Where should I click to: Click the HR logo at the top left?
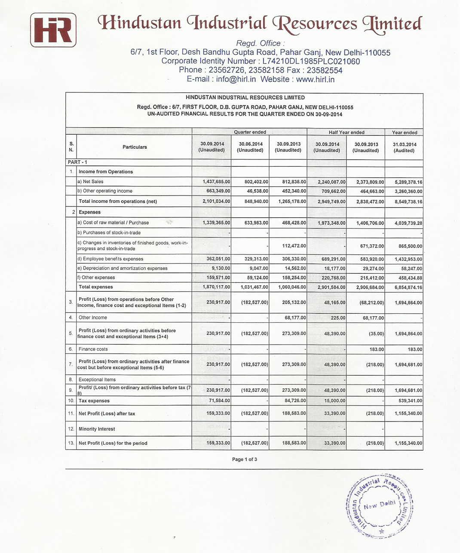(53, 30)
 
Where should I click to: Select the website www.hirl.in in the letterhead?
(315, 79)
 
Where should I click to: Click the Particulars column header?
(135, 147)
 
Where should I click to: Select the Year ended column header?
(404, 132)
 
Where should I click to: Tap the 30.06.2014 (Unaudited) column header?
(250, 147)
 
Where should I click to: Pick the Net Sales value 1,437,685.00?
(216, 182)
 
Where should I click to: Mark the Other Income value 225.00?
(338, 318)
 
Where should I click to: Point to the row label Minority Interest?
(97, 429)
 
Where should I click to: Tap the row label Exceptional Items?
(97, 379)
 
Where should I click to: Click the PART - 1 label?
(77, 162)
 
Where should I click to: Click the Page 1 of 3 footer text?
(245, 459)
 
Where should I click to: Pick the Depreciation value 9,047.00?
(258, 268)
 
